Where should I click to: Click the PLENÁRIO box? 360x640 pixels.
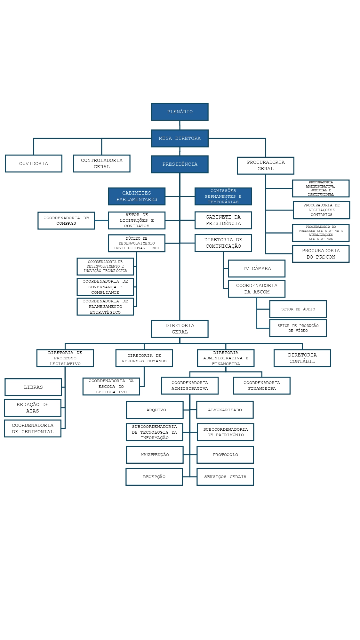click(180, 112)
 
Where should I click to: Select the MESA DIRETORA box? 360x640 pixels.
click(180, 138)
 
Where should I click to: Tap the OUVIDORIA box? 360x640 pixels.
click(34, 164)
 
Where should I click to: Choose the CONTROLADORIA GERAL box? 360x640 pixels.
click(101, 164)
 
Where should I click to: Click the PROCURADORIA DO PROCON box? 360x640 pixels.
click(321, 254)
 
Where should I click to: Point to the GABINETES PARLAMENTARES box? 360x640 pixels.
click(137, 196)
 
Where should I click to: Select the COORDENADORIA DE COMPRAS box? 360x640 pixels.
click(66, 220)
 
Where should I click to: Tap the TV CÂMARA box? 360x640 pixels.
click(257, 268)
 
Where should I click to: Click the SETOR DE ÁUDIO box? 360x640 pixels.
click(298, 309)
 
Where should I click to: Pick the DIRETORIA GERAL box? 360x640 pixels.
click(180, 329)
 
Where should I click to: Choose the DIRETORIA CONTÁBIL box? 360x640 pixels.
click(302, 358)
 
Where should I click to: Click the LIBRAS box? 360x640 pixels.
click(33, 387)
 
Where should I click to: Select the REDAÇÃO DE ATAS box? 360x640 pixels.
click(33, 408)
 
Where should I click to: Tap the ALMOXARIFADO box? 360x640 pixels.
click(225, 410)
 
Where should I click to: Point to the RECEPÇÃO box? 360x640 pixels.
click(154, 477)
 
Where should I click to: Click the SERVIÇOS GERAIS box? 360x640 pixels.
click(225, 477)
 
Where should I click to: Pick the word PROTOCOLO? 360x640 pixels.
click(225, 455)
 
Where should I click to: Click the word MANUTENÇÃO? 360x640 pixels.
click(155, 455)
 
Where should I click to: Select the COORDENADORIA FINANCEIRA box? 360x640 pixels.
click(262, 386)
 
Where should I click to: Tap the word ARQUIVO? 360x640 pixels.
click(156, 410)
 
